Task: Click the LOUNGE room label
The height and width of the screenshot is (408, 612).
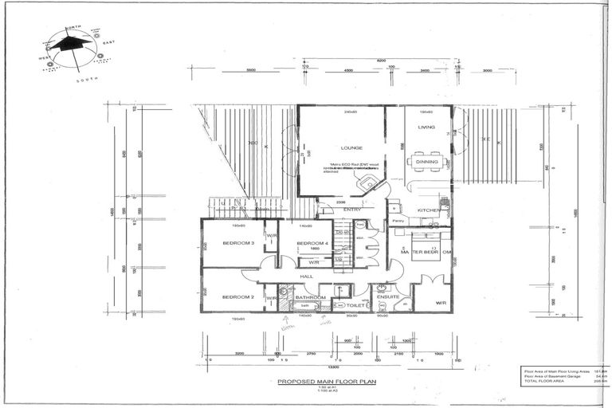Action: pos(351,148)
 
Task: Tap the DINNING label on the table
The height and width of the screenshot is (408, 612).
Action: pos(426,162)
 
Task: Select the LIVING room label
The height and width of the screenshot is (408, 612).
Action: pos(426,126)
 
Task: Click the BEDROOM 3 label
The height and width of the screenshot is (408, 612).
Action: pos(238,243)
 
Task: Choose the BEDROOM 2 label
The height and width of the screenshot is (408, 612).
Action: pos(238,296)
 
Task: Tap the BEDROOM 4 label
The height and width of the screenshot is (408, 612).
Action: pos(312,243)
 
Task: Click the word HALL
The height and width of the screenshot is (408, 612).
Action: pos(307,277)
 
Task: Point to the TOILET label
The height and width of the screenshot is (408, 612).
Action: pos(356,304)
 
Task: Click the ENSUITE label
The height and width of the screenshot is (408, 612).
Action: pos(388,296)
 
